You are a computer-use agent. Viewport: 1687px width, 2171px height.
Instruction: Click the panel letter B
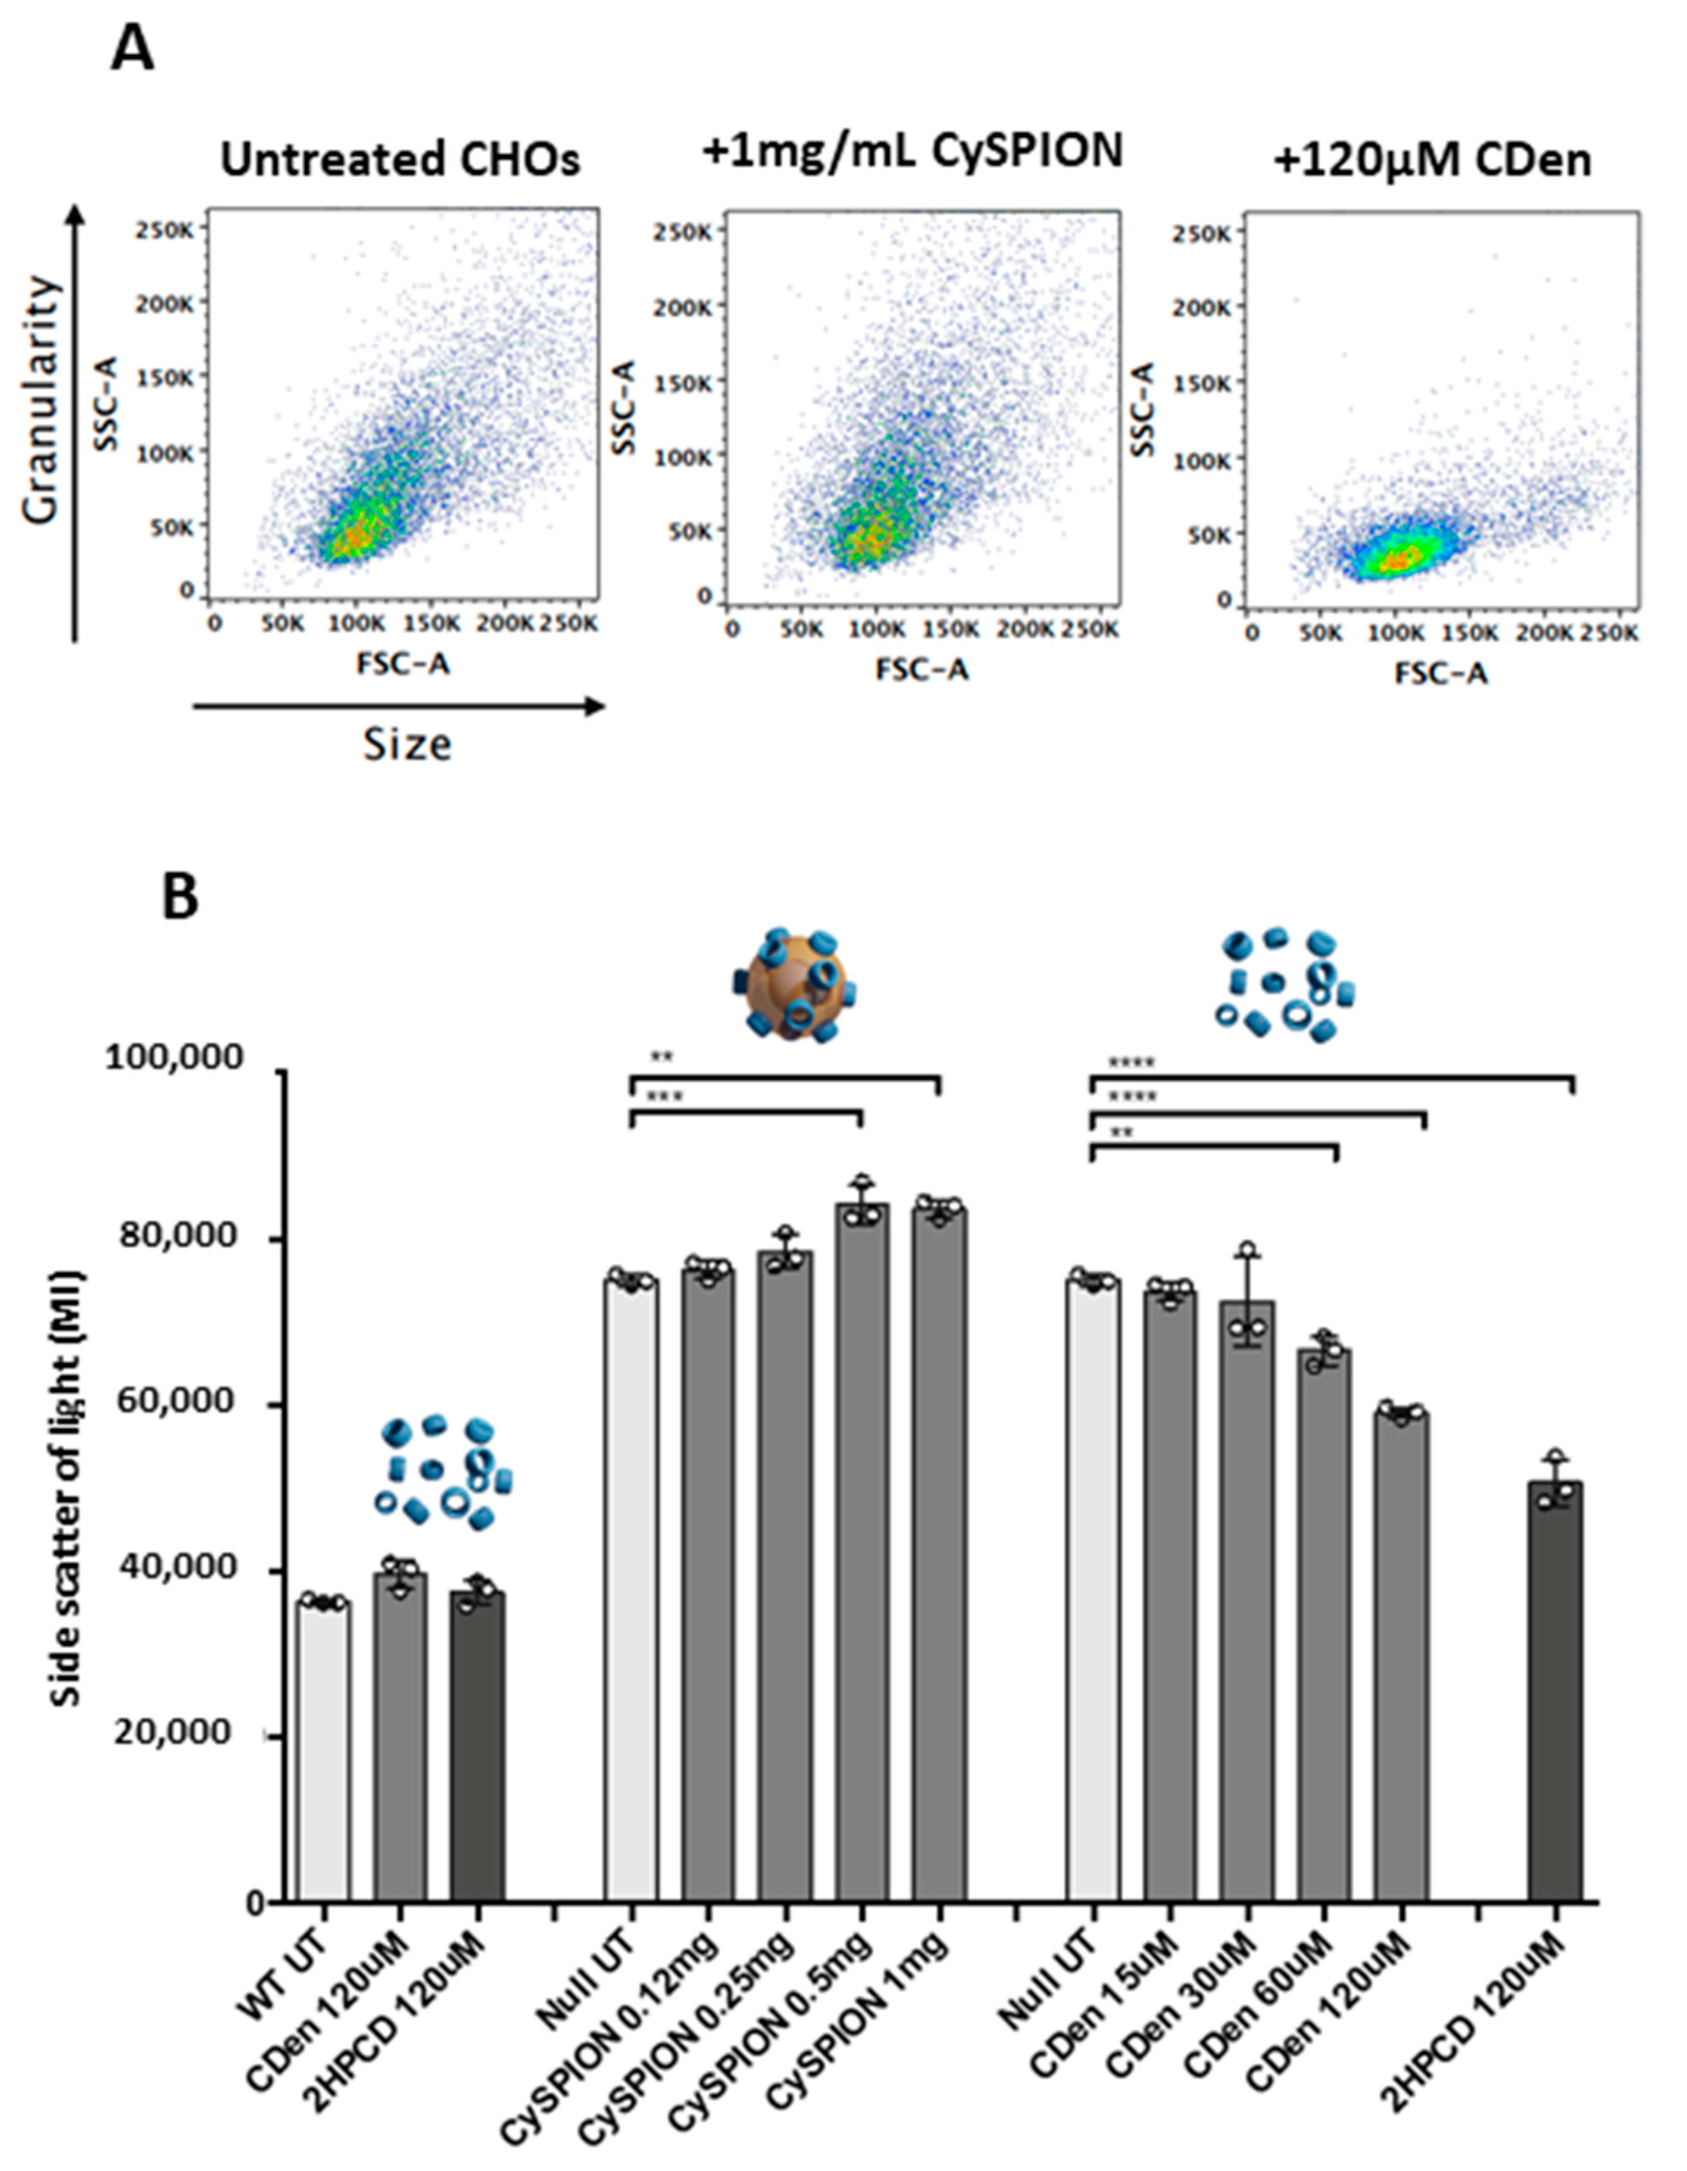tap(180, 894)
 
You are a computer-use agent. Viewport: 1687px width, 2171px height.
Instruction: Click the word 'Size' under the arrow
tap(406, 743)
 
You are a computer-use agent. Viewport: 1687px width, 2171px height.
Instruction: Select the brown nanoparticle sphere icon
tap(792, 986)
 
